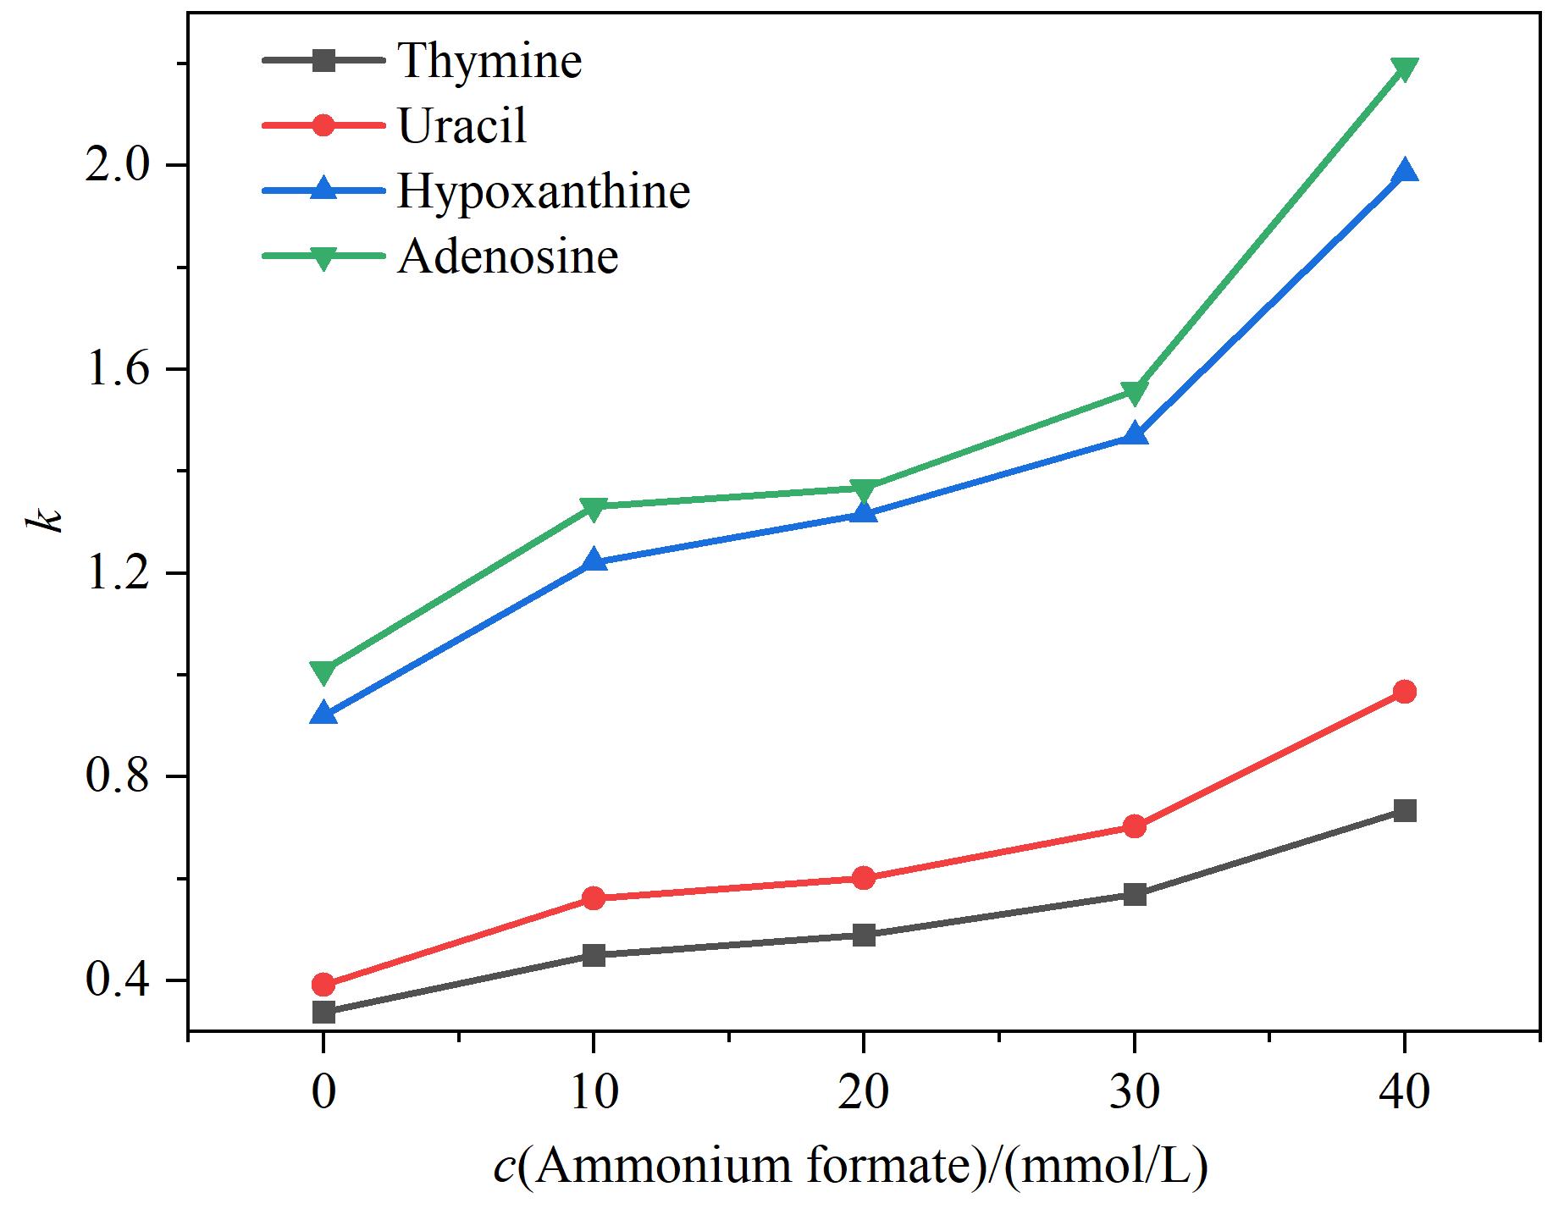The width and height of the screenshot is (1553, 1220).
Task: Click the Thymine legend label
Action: tap(490, 61)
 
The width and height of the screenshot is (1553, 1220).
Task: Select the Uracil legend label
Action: tap(462, 125)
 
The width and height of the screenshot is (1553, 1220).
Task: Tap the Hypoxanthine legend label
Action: tap(544, 190)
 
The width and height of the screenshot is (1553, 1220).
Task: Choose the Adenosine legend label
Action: tap(508, 256)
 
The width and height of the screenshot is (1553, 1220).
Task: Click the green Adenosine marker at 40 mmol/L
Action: tap(1405, 69)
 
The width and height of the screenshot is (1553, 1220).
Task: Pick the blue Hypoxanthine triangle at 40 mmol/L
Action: tap(1405, 170)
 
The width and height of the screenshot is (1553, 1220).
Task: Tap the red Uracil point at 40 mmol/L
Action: tap(1405, 692)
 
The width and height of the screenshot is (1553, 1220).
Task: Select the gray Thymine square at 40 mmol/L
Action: tap(1405, 811)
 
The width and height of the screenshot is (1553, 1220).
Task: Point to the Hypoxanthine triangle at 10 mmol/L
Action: tap(594, 560)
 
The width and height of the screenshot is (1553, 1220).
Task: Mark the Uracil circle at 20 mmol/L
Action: tap(864, 878)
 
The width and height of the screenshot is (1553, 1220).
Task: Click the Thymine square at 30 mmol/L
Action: tap(1135, 895)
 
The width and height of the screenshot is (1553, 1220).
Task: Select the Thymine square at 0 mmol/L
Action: tap(323, 1012)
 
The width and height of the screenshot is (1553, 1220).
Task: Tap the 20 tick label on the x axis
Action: tap(864, 1091)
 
